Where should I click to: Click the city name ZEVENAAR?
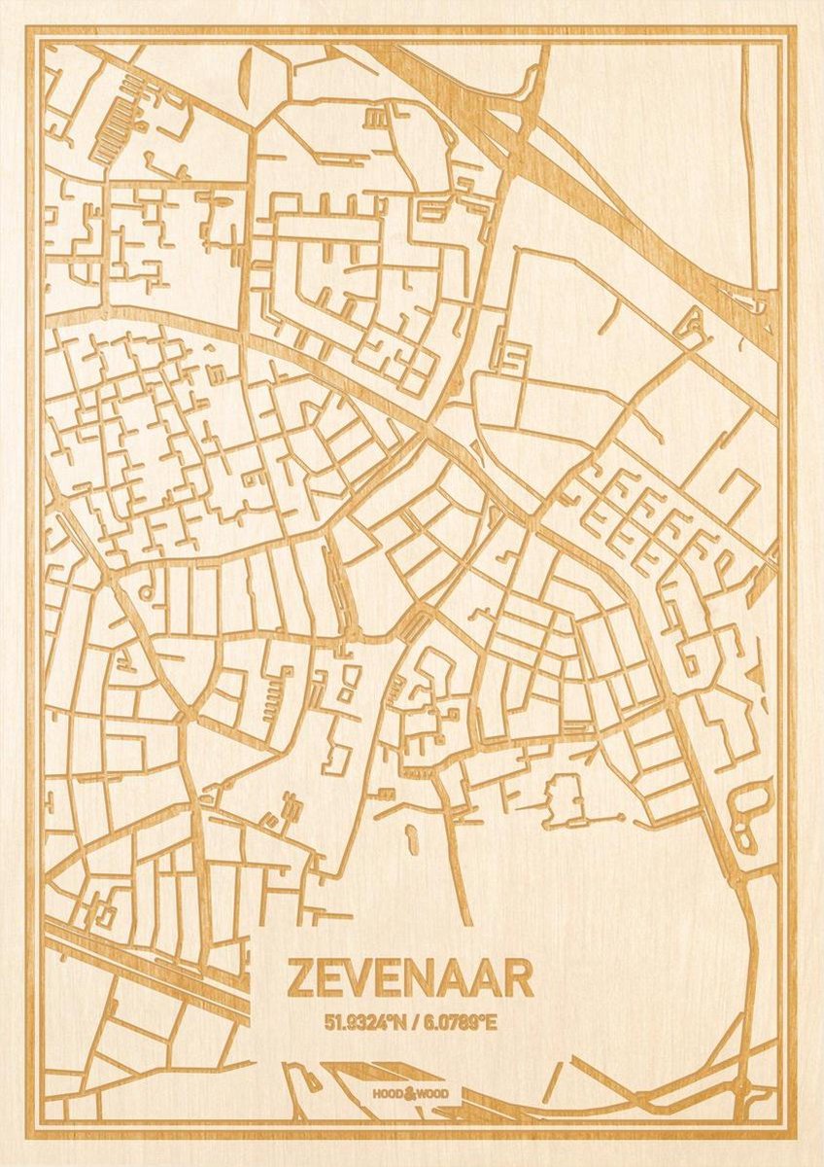409,979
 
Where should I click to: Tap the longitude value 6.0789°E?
461,1022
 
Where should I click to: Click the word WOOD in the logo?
434,1094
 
